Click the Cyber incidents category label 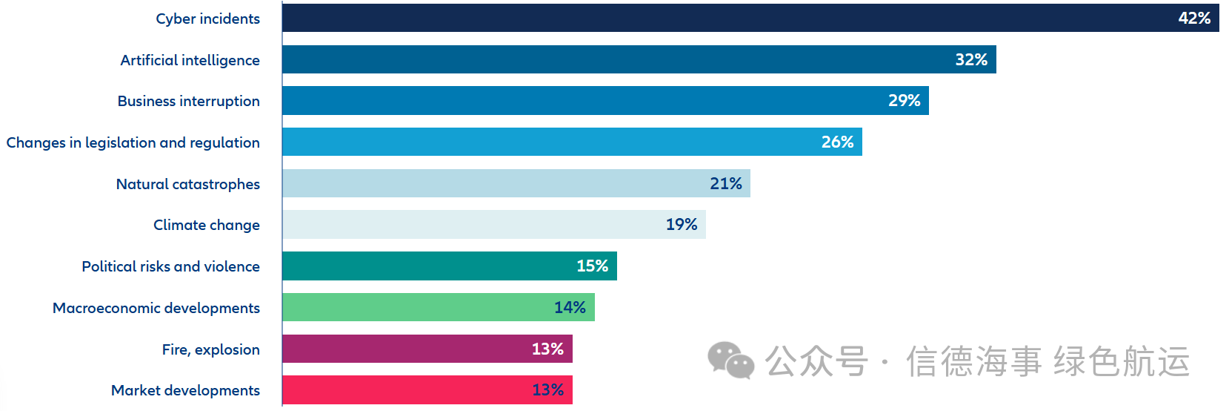click(x=207, y=19)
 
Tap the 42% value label click(x=1194, y=18)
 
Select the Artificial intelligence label click(x=190, y=60)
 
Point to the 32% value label click(x=971, y=59)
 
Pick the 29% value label click(x=904, y=100)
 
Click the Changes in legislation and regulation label click(x=133, y=142)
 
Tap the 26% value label click(x=837, y=142)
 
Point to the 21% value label click(x=725, y=183)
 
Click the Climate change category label click(x=206, y=225)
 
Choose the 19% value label click(x=682, y=224)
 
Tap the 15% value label click(x=592, y=266)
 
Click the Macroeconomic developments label click(x=156, y=308)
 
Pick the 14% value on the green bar click(x=570, y=307)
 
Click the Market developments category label click(x=185, y=390)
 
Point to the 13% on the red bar click(x=547, y=389)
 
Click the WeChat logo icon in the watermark click(x=730, y=361)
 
